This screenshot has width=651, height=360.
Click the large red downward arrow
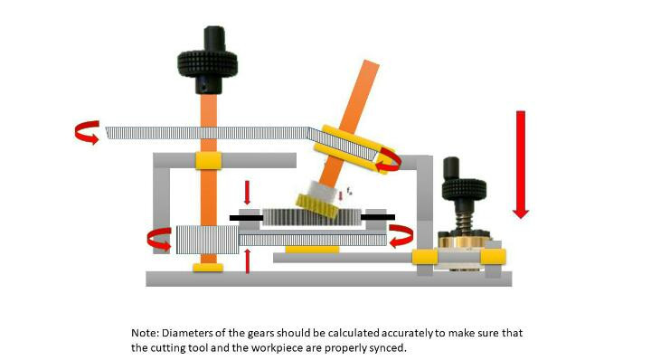point(520,164)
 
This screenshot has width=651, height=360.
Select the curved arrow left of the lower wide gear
point(159,241)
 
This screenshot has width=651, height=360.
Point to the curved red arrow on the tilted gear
point(389,160)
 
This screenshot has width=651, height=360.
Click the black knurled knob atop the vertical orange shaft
point(207,62)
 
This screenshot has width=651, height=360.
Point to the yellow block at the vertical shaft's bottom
point(208,268)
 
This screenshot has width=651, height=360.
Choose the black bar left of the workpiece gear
point(246,217)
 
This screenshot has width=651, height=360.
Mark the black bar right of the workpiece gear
point(377,217)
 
